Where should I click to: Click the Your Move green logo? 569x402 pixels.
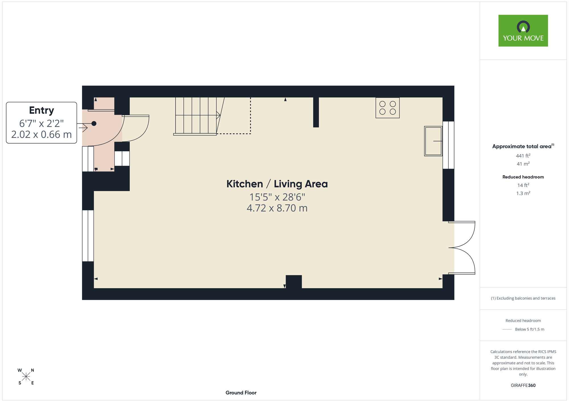click(x=523, y=31)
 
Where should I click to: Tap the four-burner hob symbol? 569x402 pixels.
click(x=387, y=108)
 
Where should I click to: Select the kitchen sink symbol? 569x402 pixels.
click(x=433, y=141)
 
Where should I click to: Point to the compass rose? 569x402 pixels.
click(x=26, y=377)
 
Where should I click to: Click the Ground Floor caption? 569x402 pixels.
click(x=241, y=393)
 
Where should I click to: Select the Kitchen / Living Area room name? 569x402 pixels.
click(x=277, y=184)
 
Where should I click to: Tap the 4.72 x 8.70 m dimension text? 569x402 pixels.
click(x=277, y=208)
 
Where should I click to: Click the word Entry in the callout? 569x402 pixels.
click(x=42, y=111)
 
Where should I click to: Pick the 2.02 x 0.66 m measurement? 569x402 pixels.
click(x=42, y=134)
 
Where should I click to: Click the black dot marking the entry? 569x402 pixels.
click(x=94, y=123)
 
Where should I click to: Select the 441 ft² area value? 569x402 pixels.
click(x=523, y=156)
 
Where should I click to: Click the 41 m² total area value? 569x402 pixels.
click(x=523, y=164)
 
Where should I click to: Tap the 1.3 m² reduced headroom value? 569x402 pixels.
click(x=523, y=193)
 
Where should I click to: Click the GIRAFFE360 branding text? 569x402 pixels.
click(x=523, y=386)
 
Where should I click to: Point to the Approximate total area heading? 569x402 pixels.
click(x=523, y=146)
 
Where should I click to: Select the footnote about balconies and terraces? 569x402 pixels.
click(x=523, y=298)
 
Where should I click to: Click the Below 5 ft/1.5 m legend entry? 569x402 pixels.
click(x=529, y=329)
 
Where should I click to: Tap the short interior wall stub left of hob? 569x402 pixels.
click(x=316, y=112)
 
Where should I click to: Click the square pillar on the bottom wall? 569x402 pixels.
click(x=294, y=282)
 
